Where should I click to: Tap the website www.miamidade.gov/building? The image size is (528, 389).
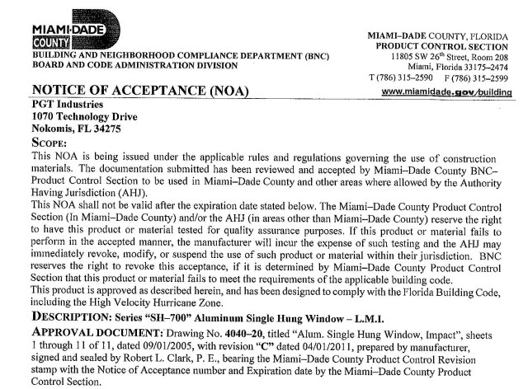tap(461, 93)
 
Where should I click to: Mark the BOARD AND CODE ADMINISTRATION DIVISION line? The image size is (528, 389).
tap(122, 64)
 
